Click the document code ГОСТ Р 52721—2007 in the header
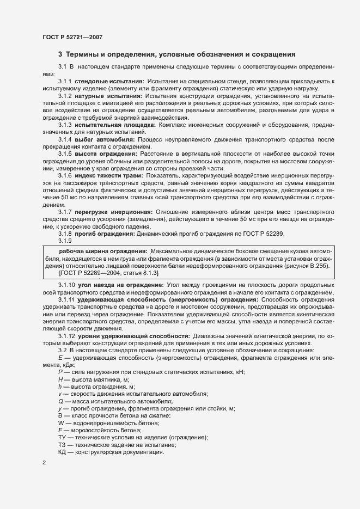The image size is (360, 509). click(x=72, y=36)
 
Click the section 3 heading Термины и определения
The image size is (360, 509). click(x=176, y=54)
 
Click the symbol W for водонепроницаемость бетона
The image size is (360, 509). click(x=61, y=422)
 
